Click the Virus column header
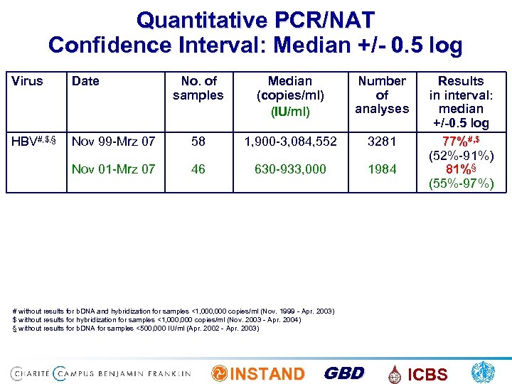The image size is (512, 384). click(27, 81)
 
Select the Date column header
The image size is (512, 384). click(85, 81)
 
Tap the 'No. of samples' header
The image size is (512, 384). click(198, 88)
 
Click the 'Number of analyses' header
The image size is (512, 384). click(382, 95)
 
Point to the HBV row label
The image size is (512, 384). click(33, 141)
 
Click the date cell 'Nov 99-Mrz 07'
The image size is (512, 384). click(113, 142)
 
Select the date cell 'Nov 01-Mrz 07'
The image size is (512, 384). click(113, 169)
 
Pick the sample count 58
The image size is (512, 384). click(198, 142)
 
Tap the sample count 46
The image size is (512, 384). click(198, 169)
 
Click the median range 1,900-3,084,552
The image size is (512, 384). click(290, 142)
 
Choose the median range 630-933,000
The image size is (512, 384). click(290, 169)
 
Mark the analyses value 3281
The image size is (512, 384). click(382, 142)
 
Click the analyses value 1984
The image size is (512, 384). click(382, 169)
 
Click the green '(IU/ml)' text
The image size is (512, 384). click(290, 111)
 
